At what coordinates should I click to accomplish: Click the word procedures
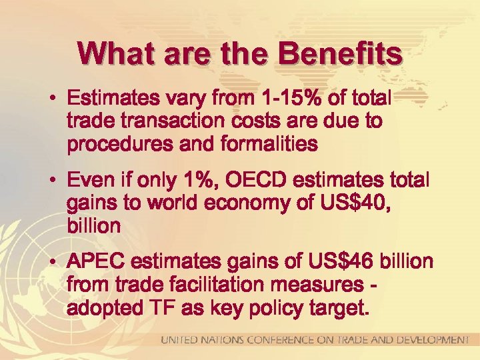[x=114, y=144]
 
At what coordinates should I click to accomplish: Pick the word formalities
[x=265, y=144]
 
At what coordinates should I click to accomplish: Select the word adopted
[x=104, y=309]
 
